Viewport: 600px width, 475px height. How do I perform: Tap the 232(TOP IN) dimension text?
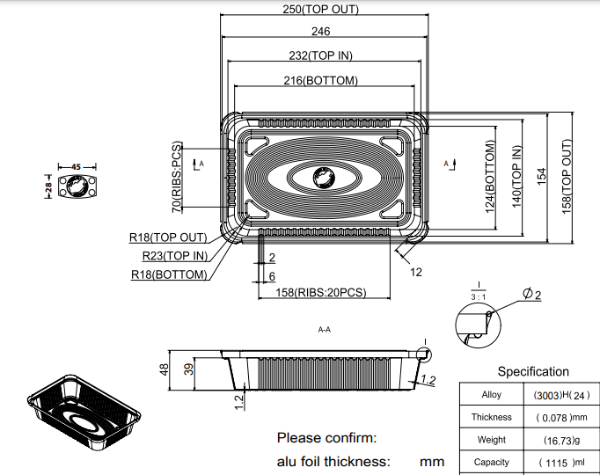click(321, 55)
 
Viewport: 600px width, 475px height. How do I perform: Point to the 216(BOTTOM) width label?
click(321, 81)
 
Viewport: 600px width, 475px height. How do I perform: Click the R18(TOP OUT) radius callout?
click(168, 237)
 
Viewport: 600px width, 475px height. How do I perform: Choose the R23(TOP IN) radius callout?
click(175, 256)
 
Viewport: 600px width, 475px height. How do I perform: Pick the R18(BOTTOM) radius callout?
click(169, 274)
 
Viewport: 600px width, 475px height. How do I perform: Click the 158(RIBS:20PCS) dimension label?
click(321, 293)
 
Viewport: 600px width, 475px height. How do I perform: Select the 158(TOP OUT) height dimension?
click(567, 176)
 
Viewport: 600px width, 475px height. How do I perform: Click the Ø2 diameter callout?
click(531, 294)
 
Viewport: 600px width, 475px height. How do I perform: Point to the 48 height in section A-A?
click(163, 369)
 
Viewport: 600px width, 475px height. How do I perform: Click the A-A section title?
click(324, 330)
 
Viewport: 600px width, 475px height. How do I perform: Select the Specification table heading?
click(533, 371)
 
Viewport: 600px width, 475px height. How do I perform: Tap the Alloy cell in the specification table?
click(491, 395)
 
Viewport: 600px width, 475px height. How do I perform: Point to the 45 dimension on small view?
click(76, 166)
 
